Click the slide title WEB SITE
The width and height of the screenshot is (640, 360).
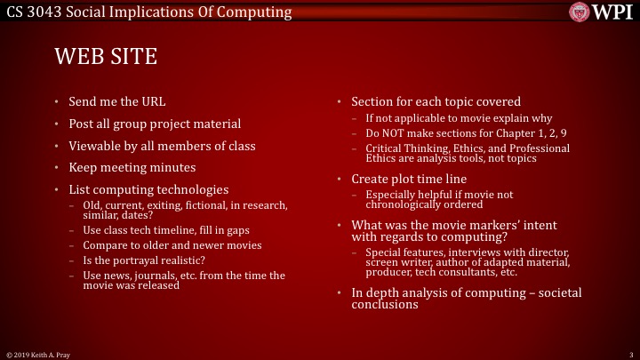(106, 58)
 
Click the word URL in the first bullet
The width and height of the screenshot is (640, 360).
(153, 101)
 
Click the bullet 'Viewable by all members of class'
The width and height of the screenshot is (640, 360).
(162, 146)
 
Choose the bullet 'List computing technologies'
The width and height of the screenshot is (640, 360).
(148, 189)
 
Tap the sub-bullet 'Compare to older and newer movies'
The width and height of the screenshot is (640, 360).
(172, 244)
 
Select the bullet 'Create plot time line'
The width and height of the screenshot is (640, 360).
(408, 179)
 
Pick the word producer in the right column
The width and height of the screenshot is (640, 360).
(388, 273)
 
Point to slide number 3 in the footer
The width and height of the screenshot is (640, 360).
(628, 354)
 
